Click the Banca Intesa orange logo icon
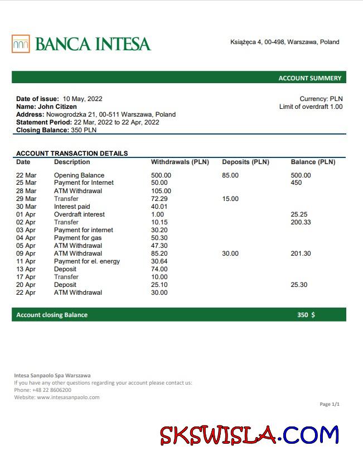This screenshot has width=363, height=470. (21, 44)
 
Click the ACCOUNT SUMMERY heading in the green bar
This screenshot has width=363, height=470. (309, 78)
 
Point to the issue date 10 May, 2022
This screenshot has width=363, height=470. (83, 99)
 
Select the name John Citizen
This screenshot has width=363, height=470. (57, 107)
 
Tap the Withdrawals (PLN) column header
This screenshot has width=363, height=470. (180, 162)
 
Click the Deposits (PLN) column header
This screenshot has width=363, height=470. (245, 162)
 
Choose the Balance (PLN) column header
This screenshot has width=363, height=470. (313, 162)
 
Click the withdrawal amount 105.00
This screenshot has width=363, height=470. (161, 191)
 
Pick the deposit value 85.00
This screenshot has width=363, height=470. (230, 175)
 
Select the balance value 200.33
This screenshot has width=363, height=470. (301, 222)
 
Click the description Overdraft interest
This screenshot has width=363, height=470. (79, 214)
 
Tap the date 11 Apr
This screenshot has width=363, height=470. (26, 261)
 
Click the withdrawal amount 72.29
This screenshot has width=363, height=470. (159, 199)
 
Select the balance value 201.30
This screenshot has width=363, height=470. (301, 253)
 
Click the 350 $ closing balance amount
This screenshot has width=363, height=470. (306, 315)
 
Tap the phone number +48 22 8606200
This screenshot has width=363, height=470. (51, 390)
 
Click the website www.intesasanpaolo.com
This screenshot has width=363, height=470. (68, 397)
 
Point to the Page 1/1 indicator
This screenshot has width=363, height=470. (330, 404)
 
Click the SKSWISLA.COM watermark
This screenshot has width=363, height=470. (249, 434)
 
